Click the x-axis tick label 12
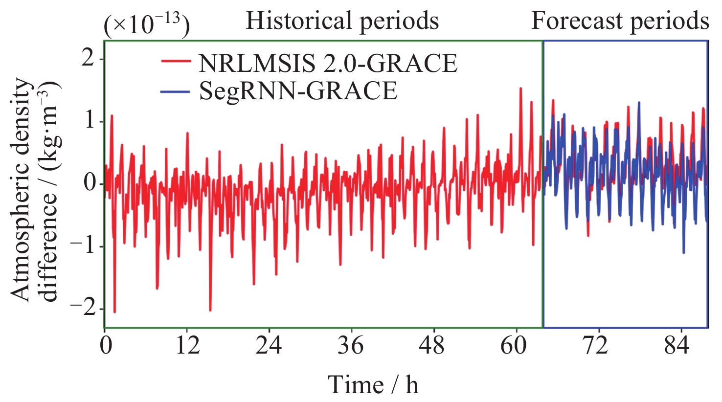pos(188,346)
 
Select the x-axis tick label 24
pos(269,346)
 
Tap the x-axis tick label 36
pos(351,346)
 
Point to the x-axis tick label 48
pos(432,346)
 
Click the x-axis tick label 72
pos(595,346)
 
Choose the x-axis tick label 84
pos(677,346)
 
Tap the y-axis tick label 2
pos(89,59)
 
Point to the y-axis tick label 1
pos(89,122)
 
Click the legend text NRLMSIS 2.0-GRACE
pos(328,63)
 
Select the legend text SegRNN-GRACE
pos(298,91)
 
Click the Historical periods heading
pos(342,21)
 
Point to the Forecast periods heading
pos(620,21)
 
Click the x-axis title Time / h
pos(373,384)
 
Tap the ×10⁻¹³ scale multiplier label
pos(146,25)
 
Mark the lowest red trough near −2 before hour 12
pos(114,312)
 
